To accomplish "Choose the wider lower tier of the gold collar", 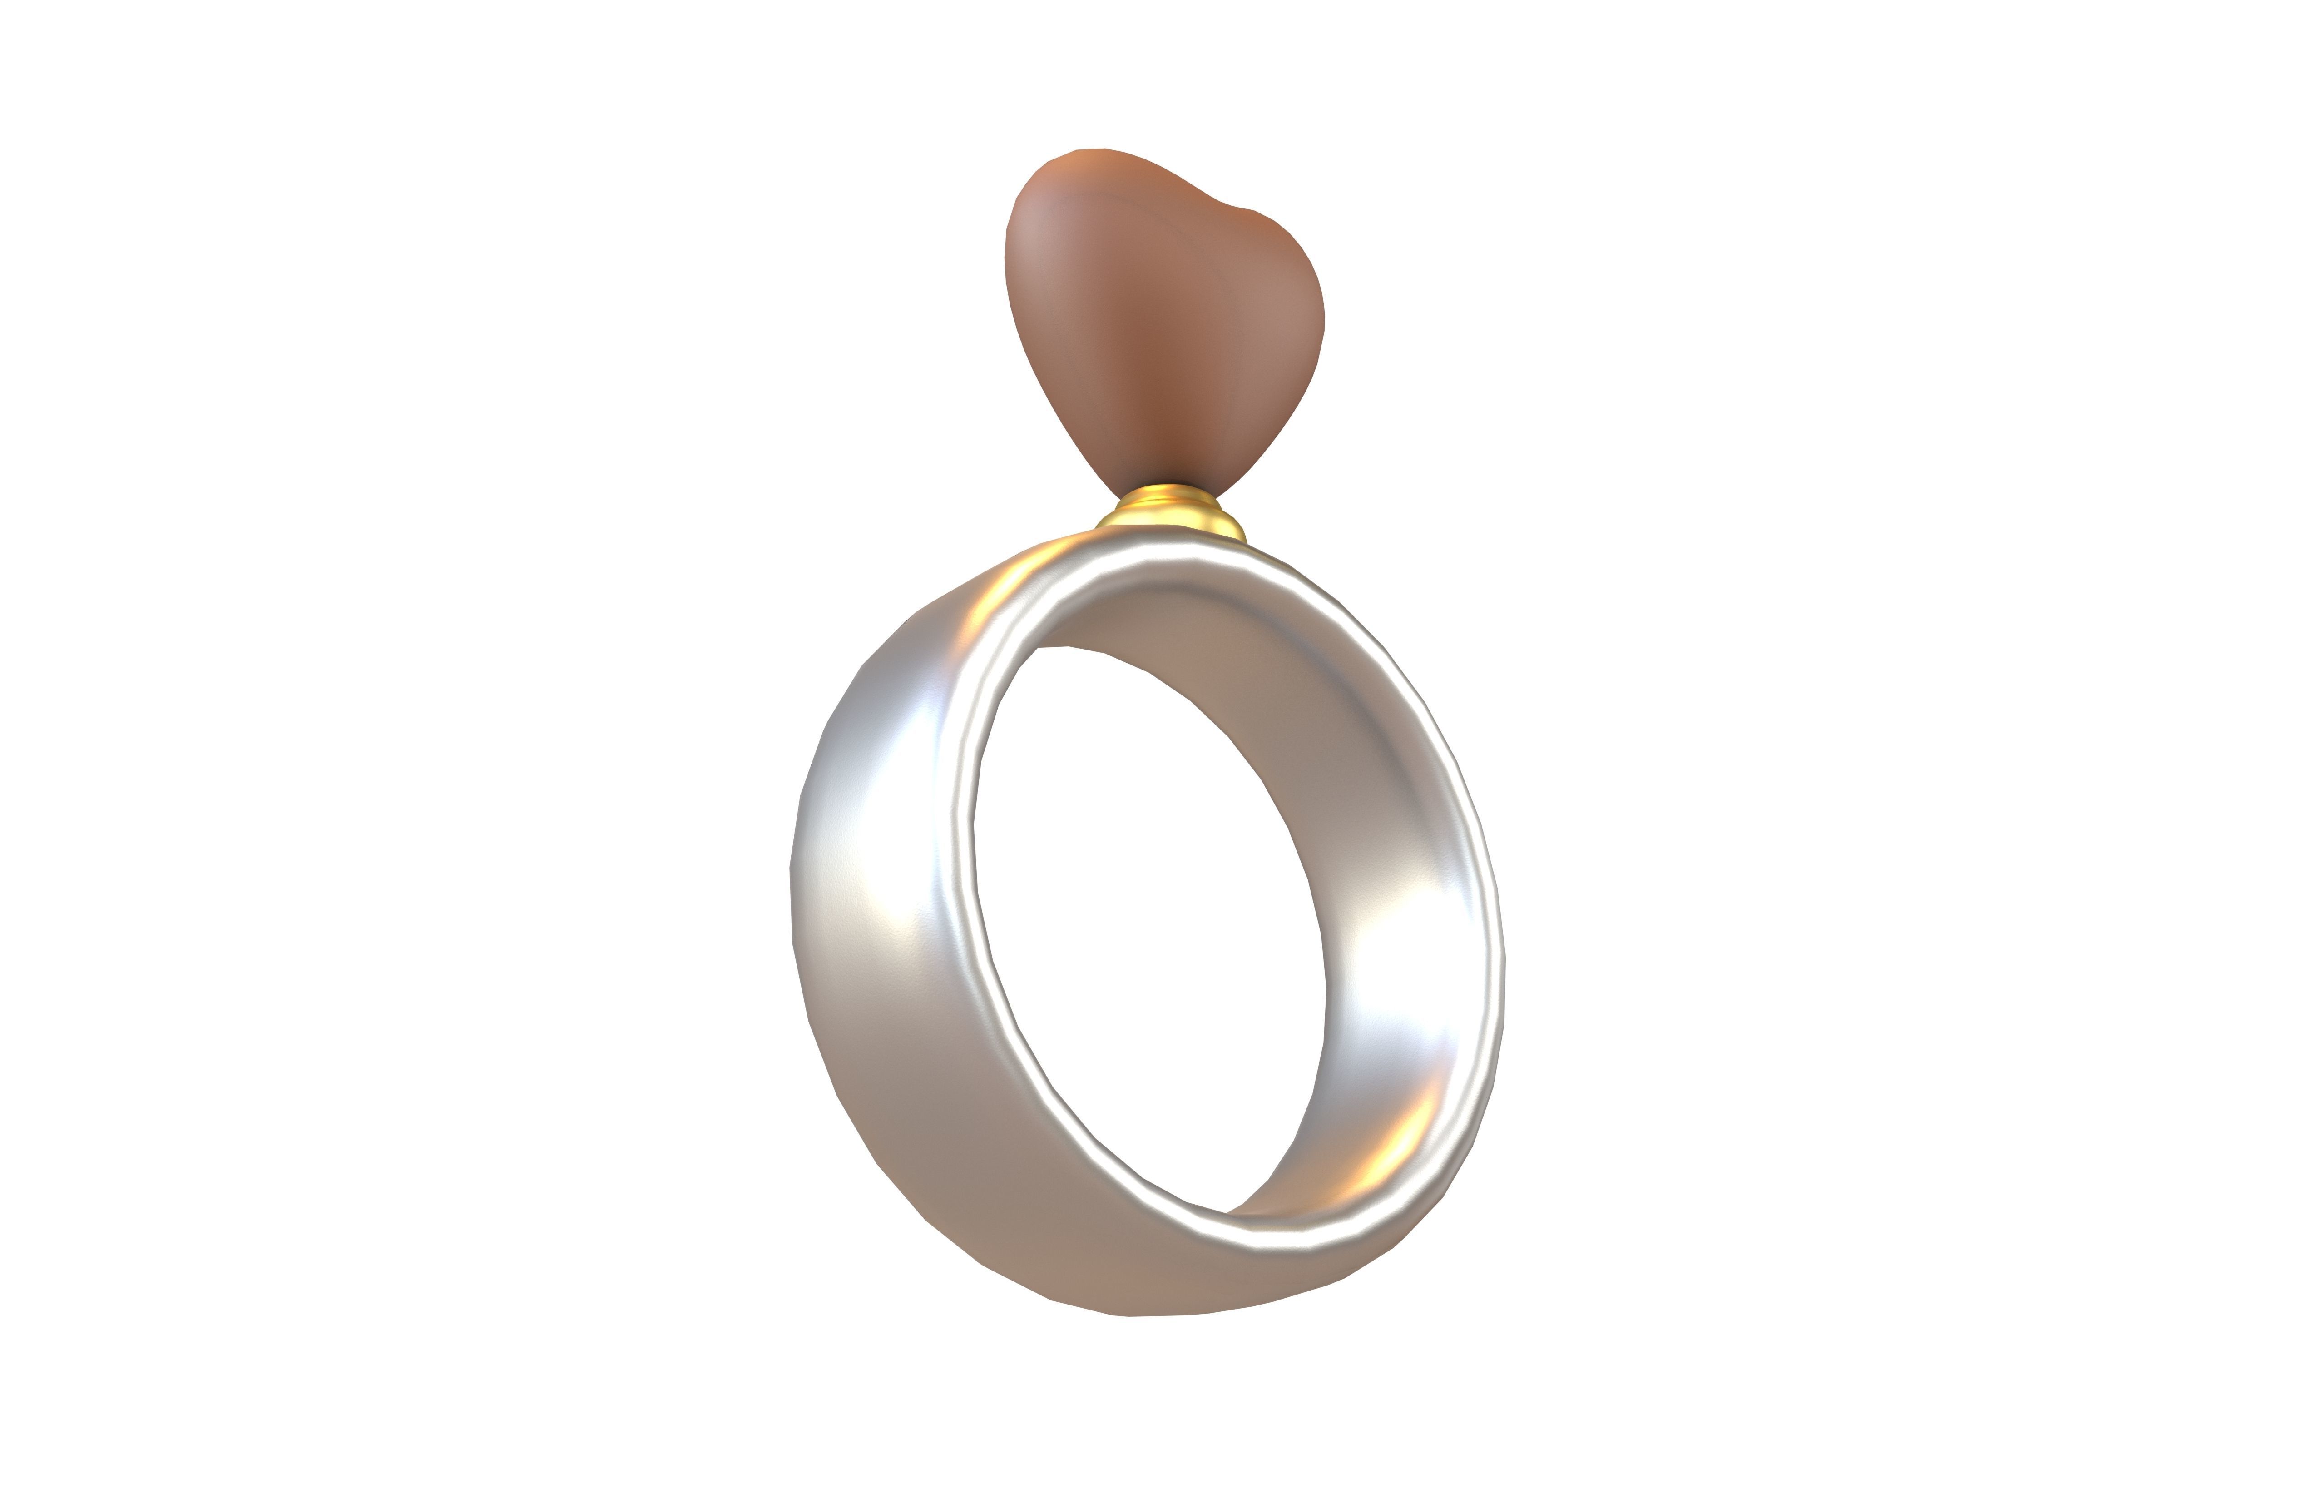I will (1173, 524).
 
